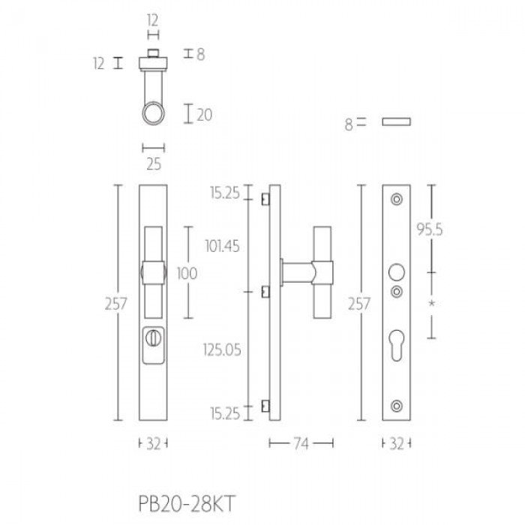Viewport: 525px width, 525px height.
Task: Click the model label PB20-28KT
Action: (187, 503)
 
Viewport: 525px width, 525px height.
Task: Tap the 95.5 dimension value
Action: (430, 229)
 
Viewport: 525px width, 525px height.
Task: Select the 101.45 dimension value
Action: (222, 247)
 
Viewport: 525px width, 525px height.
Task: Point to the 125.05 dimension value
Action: (222, 350)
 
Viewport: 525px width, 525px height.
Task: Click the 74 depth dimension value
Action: (301, 444)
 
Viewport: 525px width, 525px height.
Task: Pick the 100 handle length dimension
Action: (187, 274)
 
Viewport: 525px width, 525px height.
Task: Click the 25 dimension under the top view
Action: (154, 164)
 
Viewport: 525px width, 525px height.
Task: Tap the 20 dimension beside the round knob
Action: (204, 115)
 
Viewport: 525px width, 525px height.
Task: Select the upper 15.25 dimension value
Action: (225, 193)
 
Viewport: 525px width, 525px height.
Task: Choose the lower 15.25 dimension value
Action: (225, 414)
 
